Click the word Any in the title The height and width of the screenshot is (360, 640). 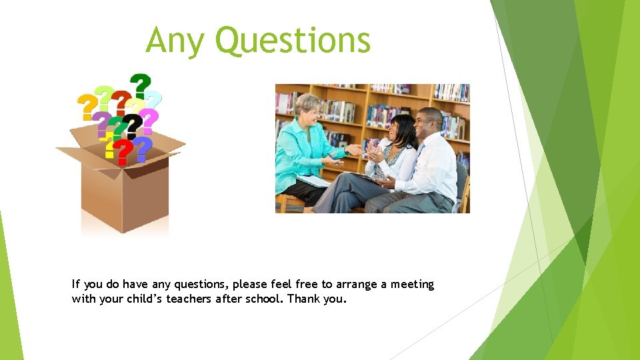pos(175,41)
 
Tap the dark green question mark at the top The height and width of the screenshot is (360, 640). pos(140,85)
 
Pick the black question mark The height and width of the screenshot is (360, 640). pos(133,125)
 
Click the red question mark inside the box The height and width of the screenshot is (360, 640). pos(122,151)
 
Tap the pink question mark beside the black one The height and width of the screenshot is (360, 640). pos(150,121)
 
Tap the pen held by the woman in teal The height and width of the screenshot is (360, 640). pos(331,157)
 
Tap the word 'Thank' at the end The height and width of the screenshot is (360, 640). pos(303,299)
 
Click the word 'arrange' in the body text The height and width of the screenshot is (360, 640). pos(357,285)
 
